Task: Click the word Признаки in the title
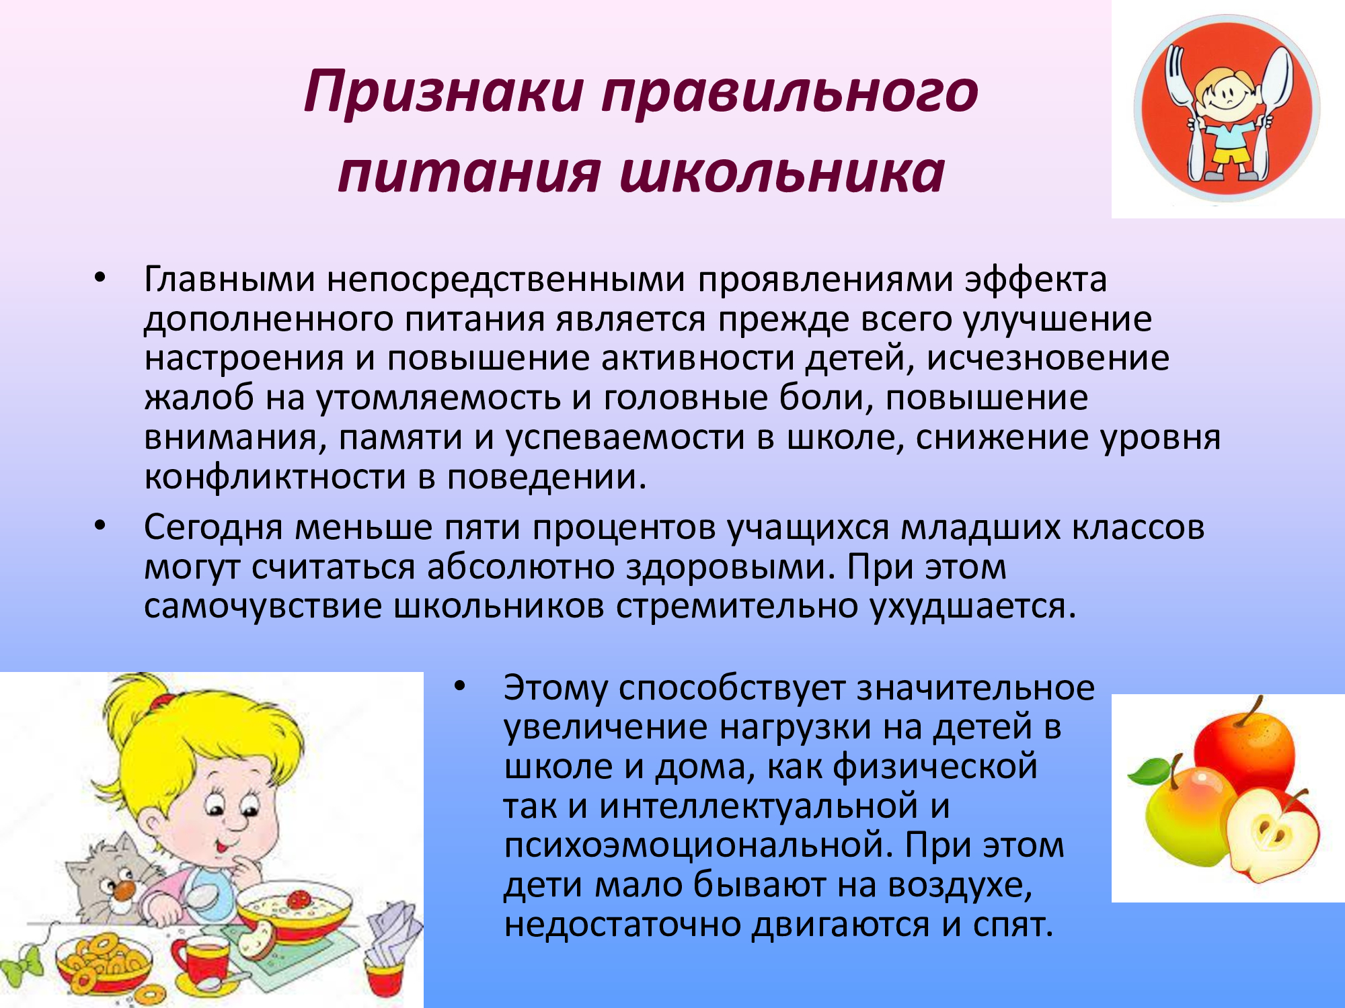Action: (445, 92)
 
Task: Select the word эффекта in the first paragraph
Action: (1036, 279)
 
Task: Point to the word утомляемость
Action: (438, 398)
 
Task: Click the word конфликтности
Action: (275, 477)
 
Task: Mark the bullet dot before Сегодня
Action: (100, 525)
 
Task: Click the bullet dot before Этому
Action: (460, 686)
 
